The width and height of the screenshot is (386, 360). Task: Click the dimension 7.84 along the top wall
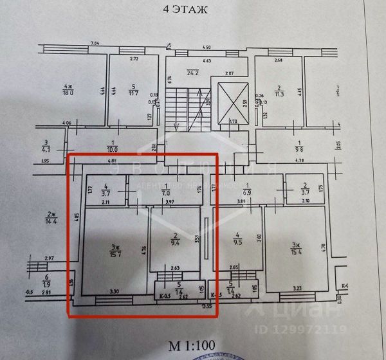(95, 43)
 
